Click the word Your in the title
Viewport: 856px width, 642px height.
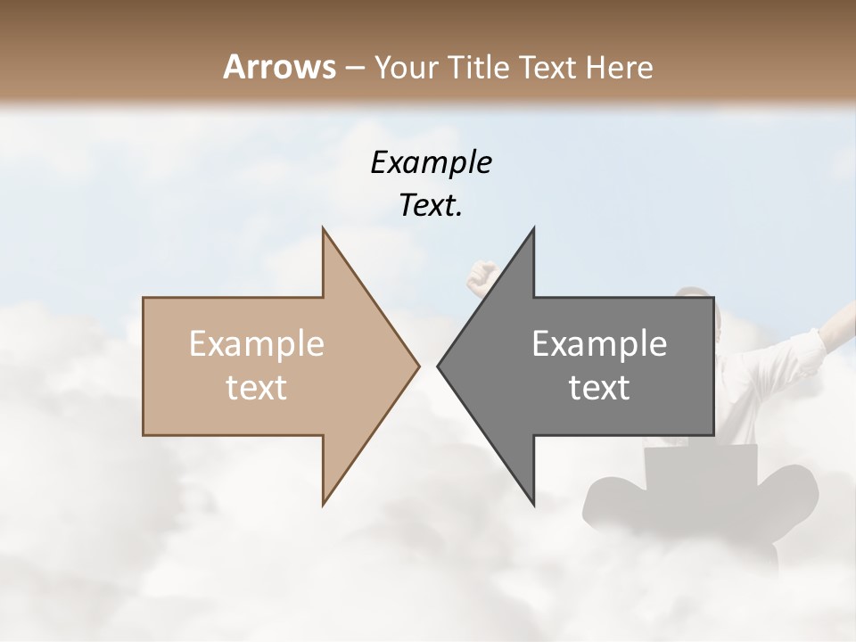click(406, 67)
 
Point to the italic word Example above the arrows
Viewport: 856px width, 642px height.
click(432, 163)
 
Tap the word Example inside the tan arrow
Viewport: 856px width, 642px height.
click(257, 344)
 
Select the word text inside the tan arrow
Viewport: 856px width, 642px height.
click(257, 388)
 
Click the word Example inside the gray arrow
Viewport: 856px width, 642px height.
click(599, 344)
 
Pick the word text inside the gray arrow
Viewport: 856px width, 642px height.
click(599, 388)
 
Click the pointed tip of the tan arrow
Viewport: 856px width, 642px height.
click(417, 366)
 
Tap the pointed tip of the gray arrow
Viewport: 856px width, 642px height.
click(439, 366)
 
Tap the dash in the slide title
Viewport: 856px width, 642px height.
click(354, 68)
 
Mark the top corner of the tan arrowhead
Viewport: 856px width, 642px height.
click(324, 230)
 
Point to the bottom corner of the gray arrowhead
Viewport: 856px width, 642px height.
click(533, 504)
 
